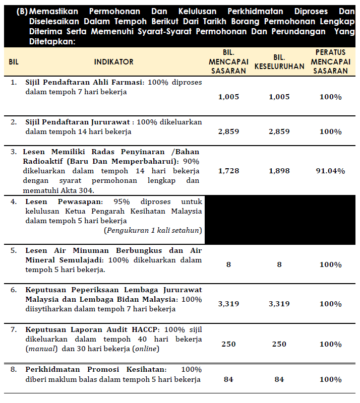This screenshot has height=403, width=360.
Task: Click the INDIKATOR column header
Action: [x=113, y=61]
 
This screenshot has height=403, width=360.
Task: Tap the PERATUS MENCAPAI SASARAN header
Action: [x=330, y=61]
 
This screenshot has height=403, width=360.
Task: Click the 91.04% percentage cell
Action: [x=330, y=171]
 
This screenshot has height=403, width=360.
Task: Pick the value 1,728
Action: [x=228, y=171]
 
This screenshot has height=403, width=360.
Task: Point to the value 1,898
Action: [x=279, y=171]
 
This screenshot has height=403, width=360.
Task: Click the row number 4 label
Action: [x=14, y=201]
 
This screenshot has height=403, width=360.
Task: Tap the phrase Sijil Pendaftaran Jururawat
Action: [x=79, y=122]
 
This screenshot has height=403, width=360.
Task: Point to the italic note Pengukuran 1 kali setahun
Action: [x=153, y=230]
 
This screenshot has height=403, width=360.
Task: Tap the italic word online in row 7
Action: [x=145, y=349]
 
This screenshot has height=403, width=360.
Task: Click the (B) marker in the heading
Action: [x=22, y=11]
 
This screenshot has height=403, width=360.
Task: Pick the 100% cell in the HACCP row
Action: [x=330, y=344]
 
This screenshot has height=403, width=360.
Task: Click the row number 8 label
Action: [x=14, y=369]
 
